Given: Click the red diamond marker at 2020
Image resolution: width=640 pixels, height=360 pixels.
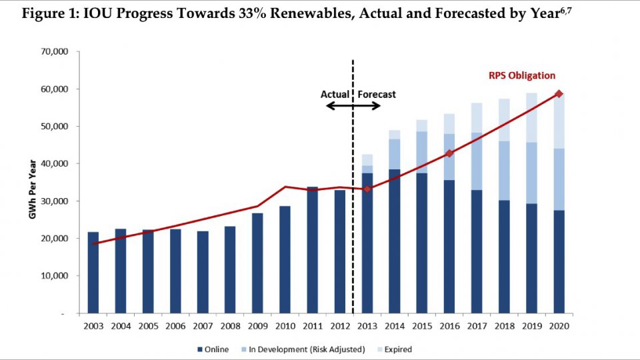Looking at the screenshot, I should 559,94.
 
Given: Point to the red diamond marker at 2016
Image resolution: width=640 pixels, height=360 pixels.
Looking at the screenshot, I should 449,153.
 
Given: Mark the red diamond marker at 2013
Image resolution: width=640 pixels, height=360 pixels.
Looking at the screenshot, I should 367,189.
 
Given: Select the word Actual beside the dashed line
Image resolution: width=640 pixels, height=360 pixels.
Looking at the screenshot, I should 335,94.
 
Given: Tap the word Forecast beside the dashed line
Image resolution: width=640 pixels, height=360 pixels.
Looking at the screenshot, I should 377,94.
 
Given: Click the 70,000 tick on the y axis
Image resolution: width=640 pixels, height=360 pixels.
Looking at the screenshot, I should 58,51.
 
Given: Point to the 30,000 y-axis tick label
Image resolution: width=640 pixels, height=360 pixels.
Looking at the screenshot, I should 58,201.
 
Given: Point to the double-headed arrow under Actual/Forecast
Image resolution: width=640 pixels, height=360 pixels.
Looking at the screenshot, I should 353,106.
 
